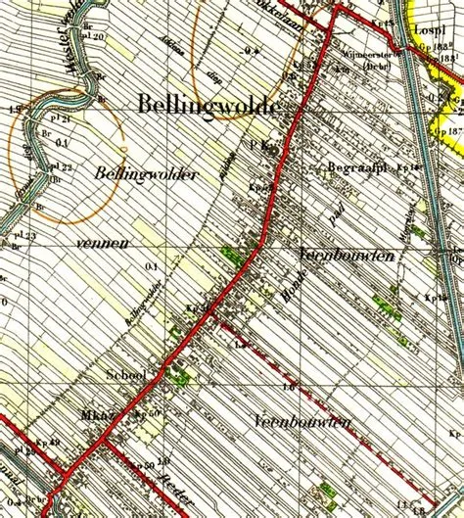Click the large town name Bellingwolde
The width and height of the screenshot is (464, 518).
click(x=209, y=105)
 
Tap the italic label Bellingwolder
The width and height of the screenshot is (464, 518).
click(x=147, y=173)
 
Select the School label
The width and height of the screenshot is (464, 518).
click(x=126, y=374)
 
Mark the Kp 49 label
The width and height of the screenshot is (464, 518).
click(x=48, y=443)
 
